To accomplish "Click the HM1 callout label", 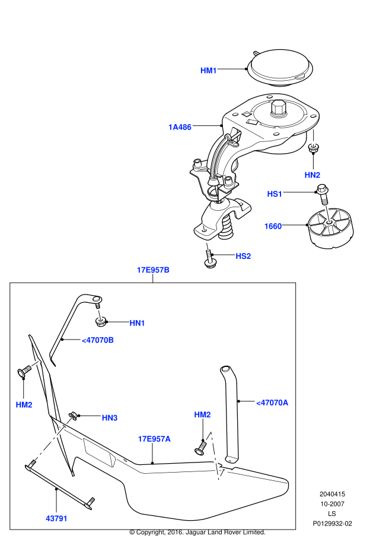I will [209, 71].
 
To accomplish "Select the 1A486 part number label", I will [180, 127].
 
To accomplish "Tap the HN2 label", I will [313, 175].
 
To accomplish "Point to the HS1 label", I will [275, 194].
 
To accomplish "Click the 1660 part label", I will [273, 226].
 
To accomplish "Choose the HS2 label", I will [243, 256].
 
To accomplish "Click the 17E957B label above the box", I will [153, 270].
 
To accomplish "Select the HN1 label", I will [138, 323].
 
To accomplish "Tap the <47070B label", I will [97, 340].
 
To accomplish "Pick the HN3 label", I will [110, 418].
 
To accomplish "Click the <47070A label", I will [272, 403].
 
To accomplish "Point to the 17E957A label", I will [154, 439].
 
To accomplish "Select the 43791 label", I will [56, 518].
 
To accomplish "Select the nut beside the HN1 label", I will [101, 322].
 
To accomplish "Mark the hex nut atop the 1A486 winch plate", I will [278, 109].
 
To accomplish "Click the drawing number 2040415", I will [332, 494].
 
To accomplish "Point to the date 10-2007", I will [332, 503].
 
